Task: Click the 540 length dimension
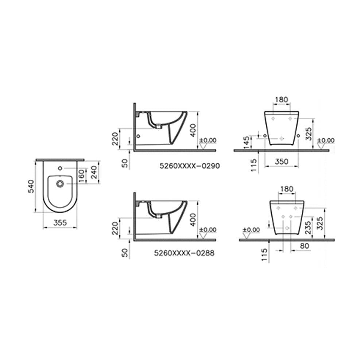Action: coord(31,186)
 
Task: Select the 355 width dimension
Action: coord(60,223)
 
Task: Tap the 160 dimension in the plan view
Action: coord(82,176)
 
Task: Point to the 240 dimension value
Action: coord(94,172)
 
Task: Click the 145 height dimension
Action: coord(247,143)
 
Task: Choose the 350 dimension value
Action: coord(282,162)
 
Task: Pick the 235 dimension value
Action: coord(308,228)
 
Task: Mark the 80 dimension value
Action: coord(304,246)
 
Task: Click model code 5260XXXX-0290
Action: coord(190,166)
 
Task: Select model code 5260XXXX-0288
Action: coord(184,253)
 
